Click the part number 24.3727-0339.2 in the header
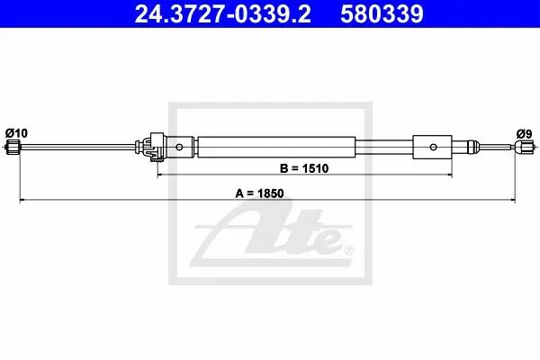pos(223,13)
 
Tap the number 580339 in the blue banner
pos(382,13)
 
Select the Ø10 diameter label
pos(16,133)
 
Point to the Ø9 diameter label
pos(524,134)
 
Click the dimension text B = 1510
pos(304,168)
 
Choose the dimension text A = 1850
pos(259,193)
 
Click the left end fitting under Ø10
pos(13,147)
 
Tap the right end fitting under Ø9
pos(524,148)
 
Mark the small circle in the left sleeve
pos(179,147)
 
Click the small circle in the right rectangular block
pos(433,147)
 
